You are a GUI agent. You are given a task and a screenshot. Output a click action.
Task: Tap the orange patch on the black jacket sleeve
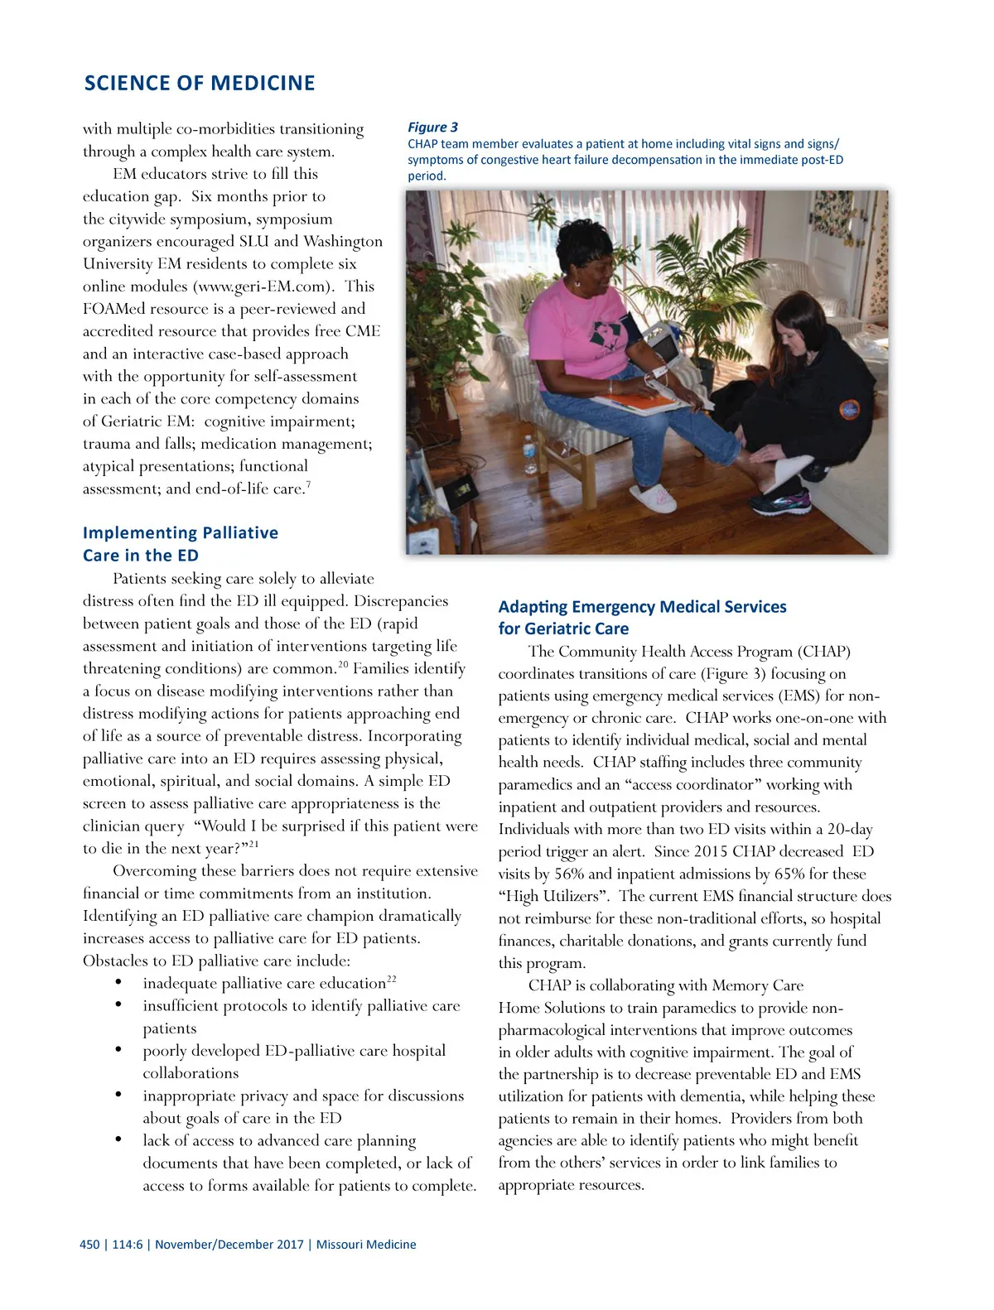(849, 410)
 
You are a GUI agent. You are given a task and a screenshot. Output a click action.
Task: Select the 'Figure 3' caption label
(432, 128)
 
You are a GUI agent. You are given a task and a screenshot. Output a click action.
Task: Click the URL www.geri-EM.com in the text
(264, 287)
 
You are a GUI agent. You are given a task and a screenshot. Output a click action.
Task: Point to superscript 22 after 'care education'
(391, 980)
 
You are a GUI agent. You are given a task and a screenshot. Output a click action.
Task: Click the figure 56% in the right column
(569, 874)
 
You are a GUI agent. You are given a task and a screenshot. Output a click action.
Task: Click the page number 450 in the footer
(89, 1245)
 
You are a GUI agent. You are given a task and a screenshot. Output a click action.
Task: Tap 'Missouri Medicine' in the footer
(366, 1245)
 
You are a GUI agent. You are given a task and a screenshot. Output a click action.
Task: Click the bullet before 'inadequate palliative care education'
(119, 984)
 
